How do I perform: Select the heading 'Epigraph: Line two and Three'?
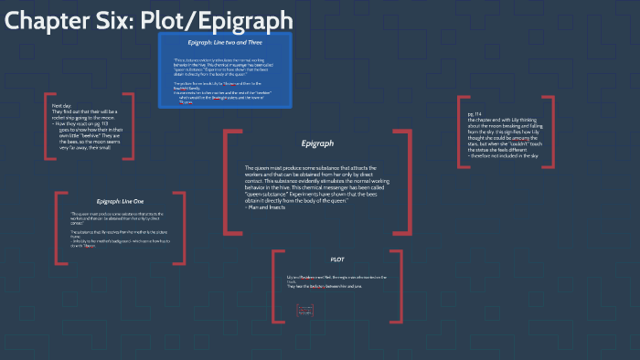[x=225, y=43]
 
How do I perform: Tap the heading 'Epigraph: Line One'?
[x=114, y=200]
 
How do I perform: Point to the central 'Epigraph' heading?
[x=317, y=143]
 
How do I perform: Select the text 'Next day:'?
[x=63, y=106]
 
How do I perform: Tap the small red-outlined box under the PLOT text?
[x=305, y=312]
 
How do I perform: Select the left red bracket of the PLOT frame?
[x=275, y=286]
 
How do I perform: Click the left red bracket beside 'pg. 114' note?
[x=462, y=131]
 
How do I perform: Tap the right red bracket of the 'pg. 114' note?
[x=553, y=131]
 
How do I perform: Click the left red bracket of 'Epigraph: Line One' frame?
[x=58, y=228]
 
